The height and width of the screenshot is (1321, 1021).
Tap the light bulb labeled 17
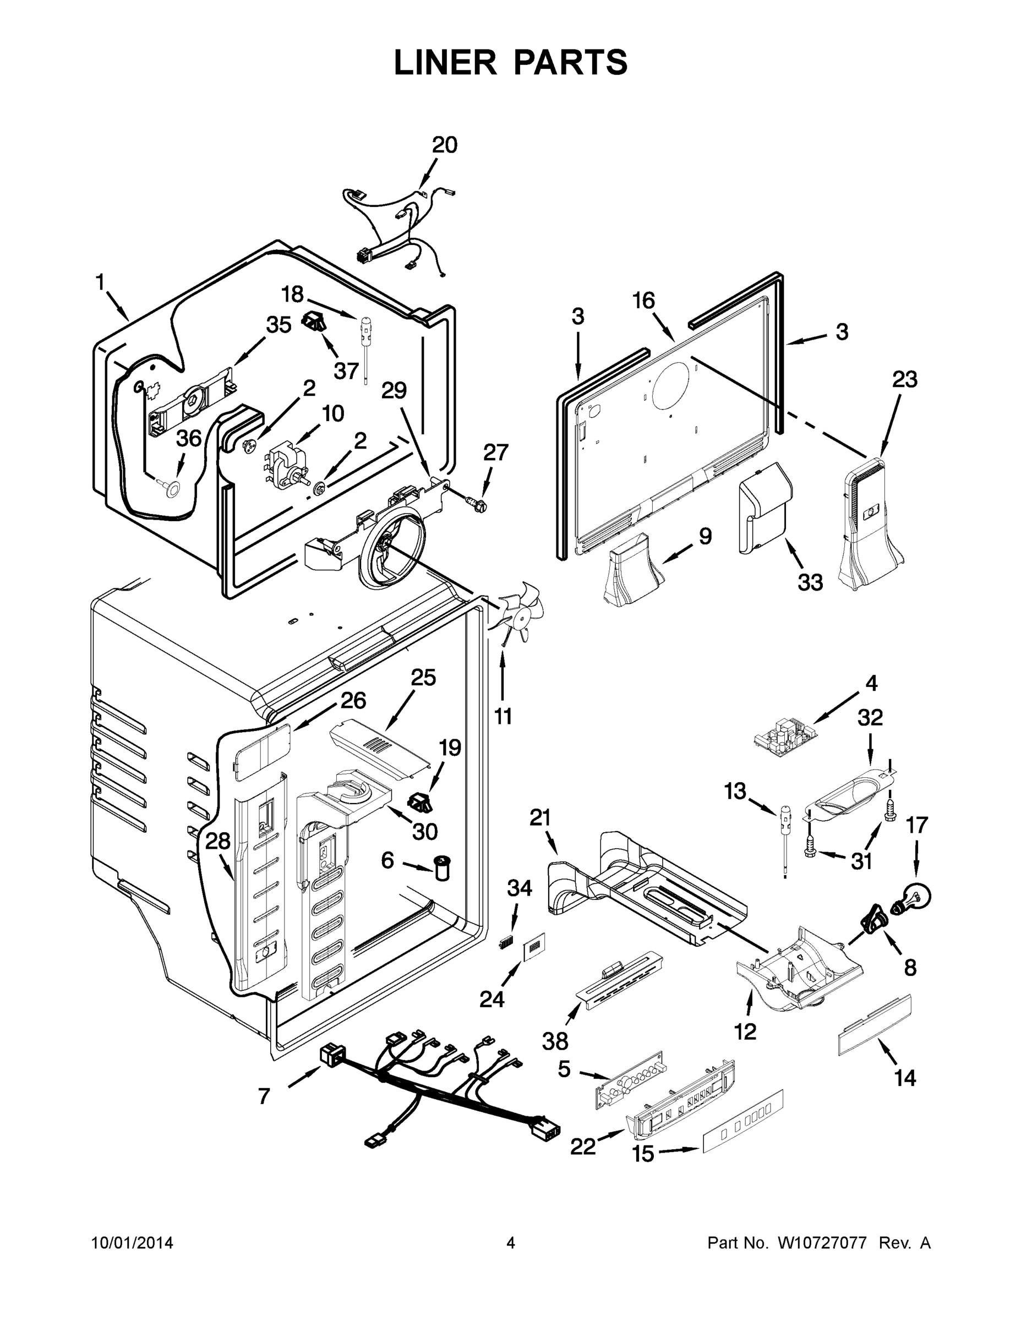[x=915, y=896]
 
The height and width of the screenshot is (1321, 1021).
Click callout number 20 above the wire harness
[x=445, y=145]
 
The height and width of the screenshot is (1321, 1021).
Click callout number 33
[x=810, y=582]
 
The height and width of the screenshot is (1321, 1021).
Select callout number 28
[x=218, y=840]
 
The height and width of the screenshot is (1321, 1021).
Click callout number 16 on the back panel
[x=643, y=301]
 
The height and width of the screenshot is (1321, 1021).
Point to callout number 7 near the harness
[x=264, y=1096]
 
